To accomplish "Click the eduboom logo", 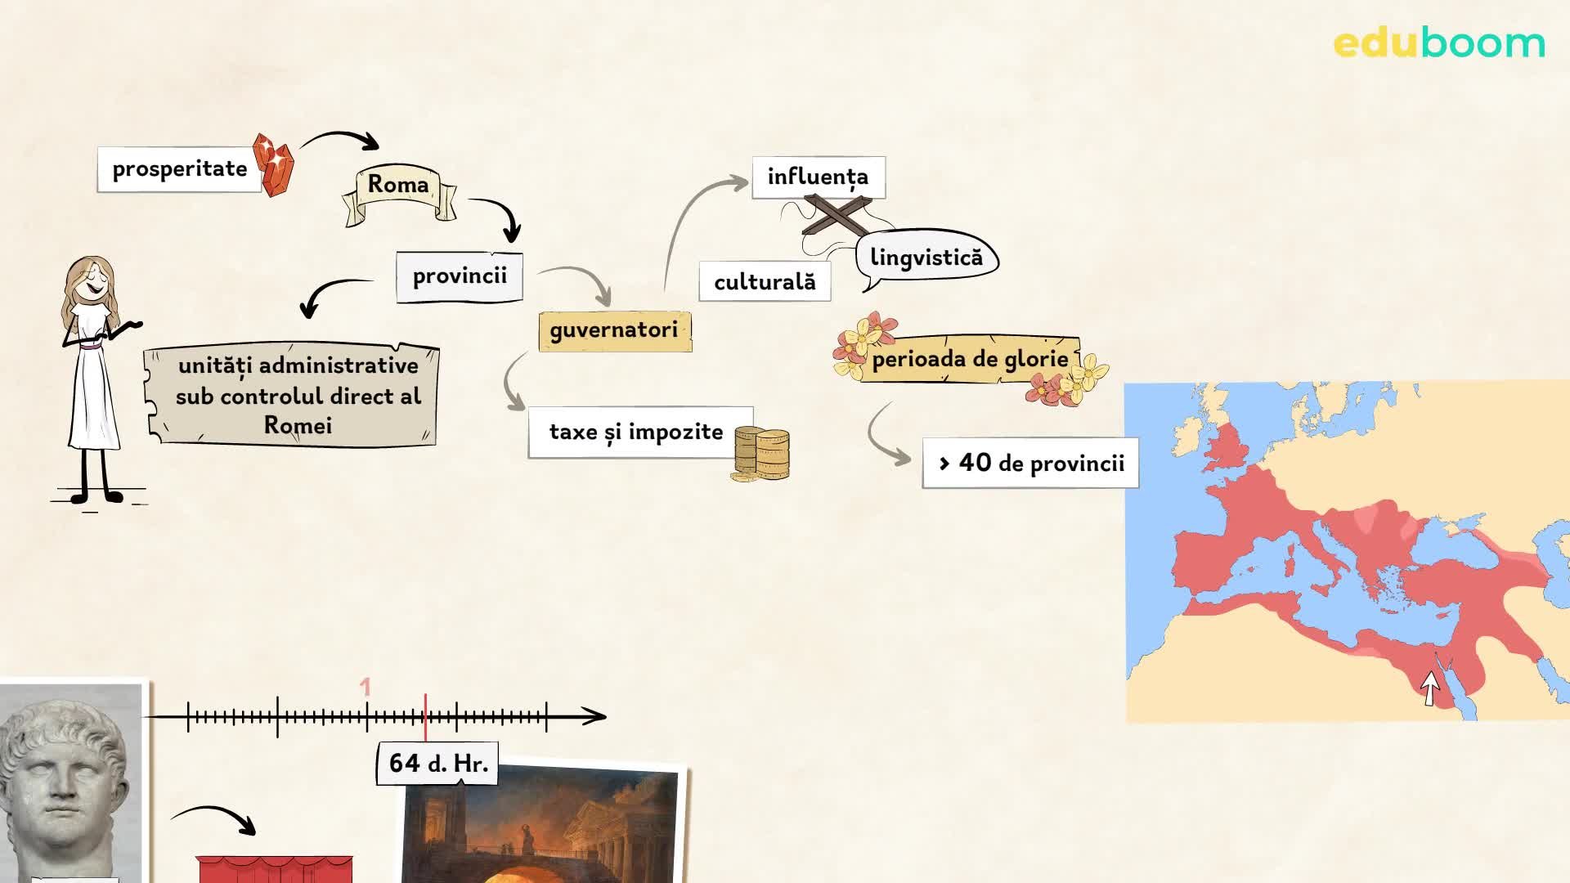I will (1438, 43).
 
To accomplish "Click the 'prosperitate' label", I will (179, 169).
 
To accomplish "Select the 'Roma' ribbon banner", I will (398, 185).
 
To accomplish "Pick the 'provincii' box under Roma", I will (459, 276).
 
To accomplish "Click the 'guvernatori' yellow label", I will (614, 330).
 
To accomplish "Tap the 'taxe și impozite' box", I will (636, 432).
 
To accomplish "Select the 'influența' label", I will (818, 177).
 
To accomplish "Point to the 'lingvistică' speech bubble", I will (926, 258).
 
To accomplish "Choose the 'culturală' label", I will (765, 282).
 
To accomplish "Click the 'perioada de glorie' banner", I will (970, 360).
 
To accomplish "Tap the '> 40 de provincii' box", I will (1030, 464).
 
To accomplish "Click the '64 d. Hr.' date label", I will (437, 763).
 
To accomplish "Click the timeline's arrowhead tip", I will (603, 716).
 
